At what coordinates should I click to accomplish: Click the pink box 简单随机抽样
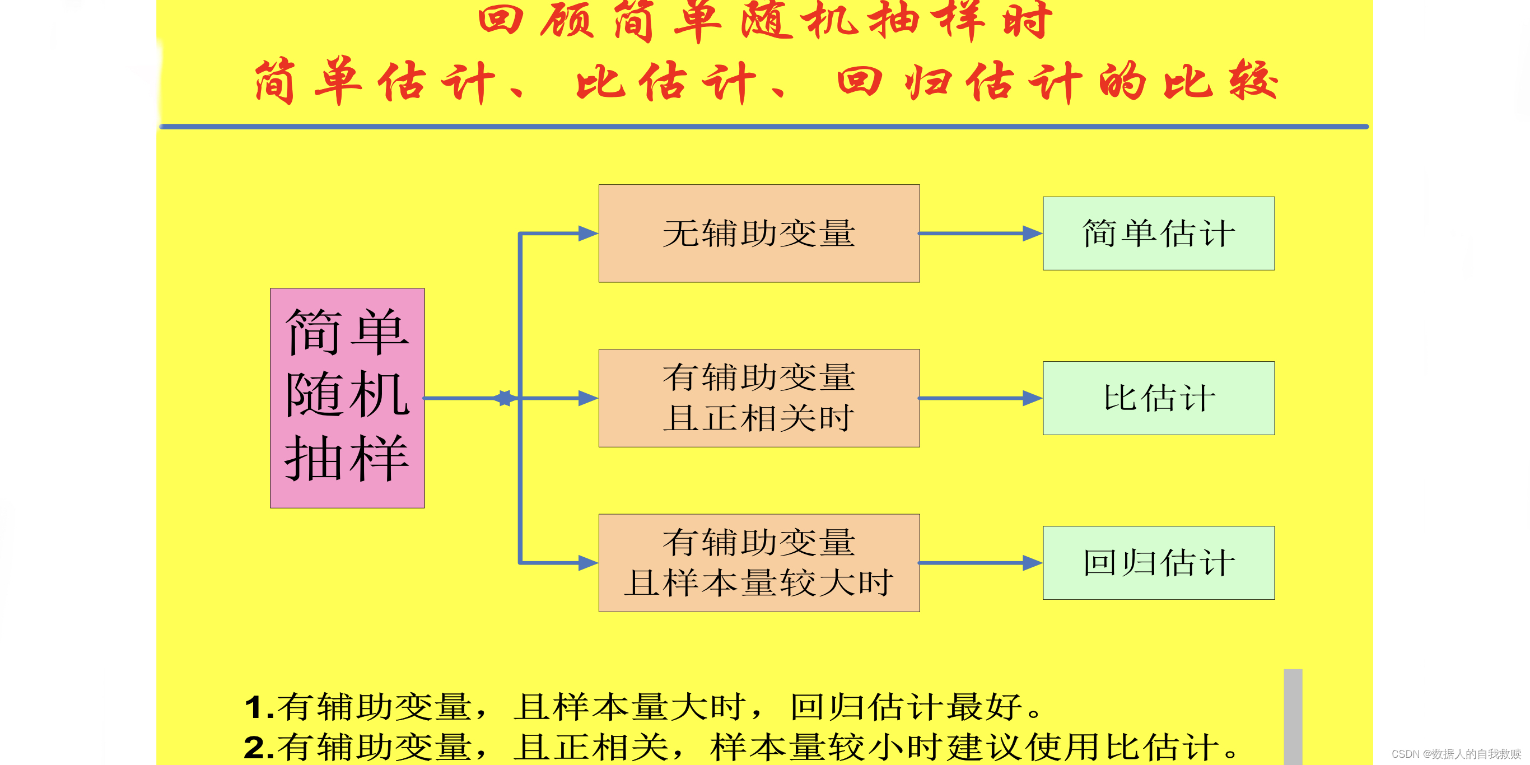click(347, 398)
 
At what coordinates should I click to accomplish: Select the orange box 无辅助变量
click(758, 233)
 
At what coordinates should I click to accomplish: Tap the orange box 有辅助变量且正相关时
click(758, 398)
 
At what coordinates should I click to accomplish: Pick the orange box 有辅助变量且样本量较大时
click(758, 562)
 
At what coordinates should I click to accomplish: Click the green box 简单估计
click(1158, 234)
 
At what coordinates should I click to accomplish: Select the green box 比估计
click(1158, 398)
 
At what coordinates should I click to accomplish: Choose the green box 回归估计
click(1158, 562)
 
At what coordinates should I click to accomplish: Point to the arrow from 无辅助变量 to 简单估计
click(980, 234)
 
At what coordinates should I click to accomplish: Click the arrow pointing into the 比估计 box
click(980, 398)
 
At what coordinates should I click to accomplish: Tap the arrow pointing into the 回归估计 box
click(980, 562)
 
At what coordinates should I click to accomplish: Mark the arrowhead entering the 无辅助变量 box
click(587, 234)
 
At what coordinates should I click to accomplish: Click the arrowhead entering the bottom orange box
click(587, 562)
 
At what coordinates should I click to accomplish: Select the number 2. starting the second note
click(259, 747)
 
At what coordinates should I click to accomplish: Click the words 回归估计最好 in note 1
click(906, 707)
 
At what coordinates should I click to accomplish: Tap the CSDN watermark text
click(1456, 754)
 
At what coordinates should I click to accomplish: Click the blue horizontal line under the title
click(763, 127)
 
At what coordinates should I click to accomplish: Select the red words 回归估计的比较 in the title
click(1057, 82)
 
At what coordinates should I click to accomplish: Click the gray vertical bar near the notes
click(1293, 716)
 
